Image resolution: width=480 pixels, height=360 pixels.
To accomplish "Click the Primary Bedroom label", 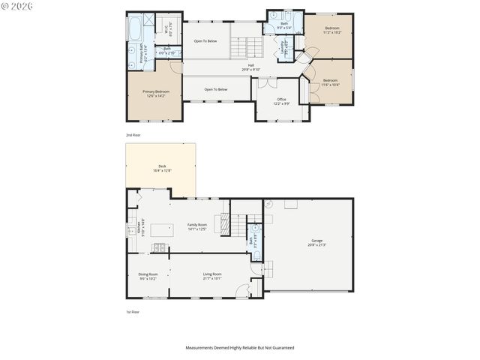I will pyautogui.click(x=156, y=93).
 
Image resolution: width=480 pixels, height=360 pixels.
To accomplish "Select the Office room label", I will pyautogui.click(x=281, y=100).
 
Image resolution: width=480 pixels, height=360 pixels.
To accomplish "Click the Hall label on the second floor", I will pyautogui.click(x=251, y=65).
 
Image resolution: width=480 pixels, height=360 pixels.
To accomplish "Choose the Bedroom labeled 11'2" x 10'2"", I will pyautogui.click(x=331, y=30).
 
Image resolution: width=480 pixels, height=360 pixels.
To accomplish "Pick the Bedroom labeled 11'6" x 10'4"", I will pyautogui.click(x=331, y=82).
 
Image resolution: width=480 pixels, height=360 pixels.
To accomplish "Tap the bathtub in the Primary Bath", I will pyautogui.click(x=134, y=29).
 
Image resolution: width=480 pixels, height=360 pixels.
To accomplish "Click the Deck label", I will pyautogui.click(x=162, y=168).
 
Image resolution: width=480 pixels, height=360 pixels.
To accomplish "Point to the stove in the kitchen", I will pyautogui.click(x=158, y=248).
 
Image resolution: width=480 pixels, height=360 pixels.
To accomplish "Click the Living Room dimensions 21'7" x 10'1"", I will pyautogui.click(x=212, y=278).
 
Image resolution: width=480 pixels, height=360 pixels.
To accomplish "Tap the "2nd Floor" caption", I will pyautogui.click(x=133, y=135).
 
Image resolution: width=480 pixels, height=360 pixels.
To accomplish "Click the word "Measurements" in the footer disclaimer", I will pyautogui.click(x=201, y=348).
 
